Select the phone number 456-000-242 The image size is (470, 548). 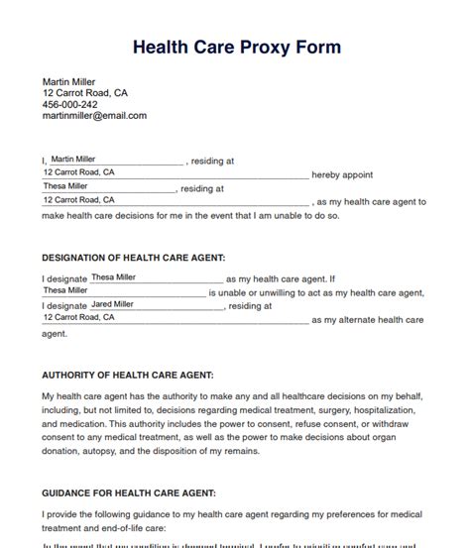tap(69, 104)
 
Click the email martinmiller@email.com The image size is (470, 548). tap(94, 116)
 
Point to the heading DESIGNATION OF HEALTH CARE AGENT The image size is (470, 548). tap(134, 258)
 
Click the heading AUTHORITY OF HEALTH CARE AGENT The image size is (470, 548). tap(129, 376)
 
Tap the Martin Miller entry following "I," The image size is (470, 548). tap(73, 159)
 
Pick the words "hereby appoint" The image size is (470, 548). tap(342, 174)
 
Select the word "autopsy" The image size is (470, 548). tap(103, 451)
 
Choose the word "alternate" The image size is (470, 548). tap(372, 321)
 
